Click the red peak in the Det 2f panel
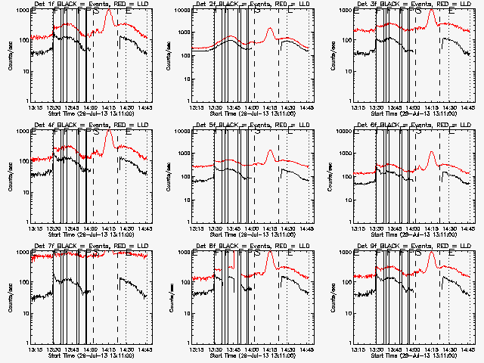coord(270,29)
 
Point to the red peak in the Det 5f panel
coord(270,150)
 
